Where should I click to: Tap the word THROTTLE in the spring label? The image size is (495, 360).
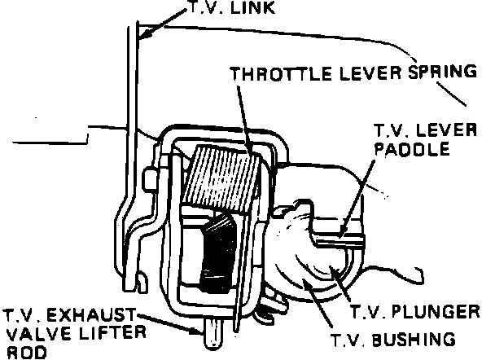coord(271,72)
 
